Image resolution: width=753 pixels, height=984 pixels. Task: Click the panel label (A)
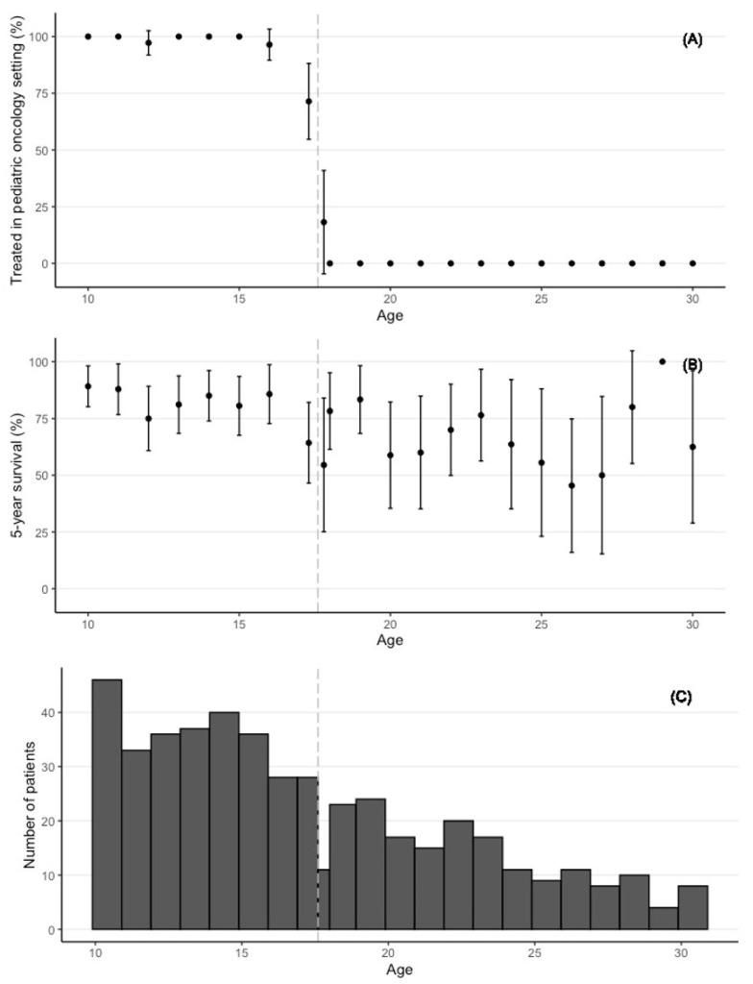pyautogui.click(x=692, y=39)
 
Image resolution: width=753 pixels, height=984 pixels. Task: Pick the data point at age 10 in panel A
pyautogui.click(x=87, y=37)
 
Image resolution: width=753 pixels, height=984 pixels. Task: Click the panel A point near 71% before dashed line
pyautogui.click(x=308, y=101)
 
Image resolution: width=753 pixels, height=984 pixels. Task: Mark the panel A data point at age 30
pyautogui.click(x=692, y=263)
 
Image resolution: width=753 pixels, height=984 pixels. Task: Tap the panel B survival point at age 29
pyautogui.click(x=662, y=361)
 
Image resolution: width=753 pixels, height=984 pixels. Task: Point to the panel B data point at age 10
pyautogui.click(x=87, y=386)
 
